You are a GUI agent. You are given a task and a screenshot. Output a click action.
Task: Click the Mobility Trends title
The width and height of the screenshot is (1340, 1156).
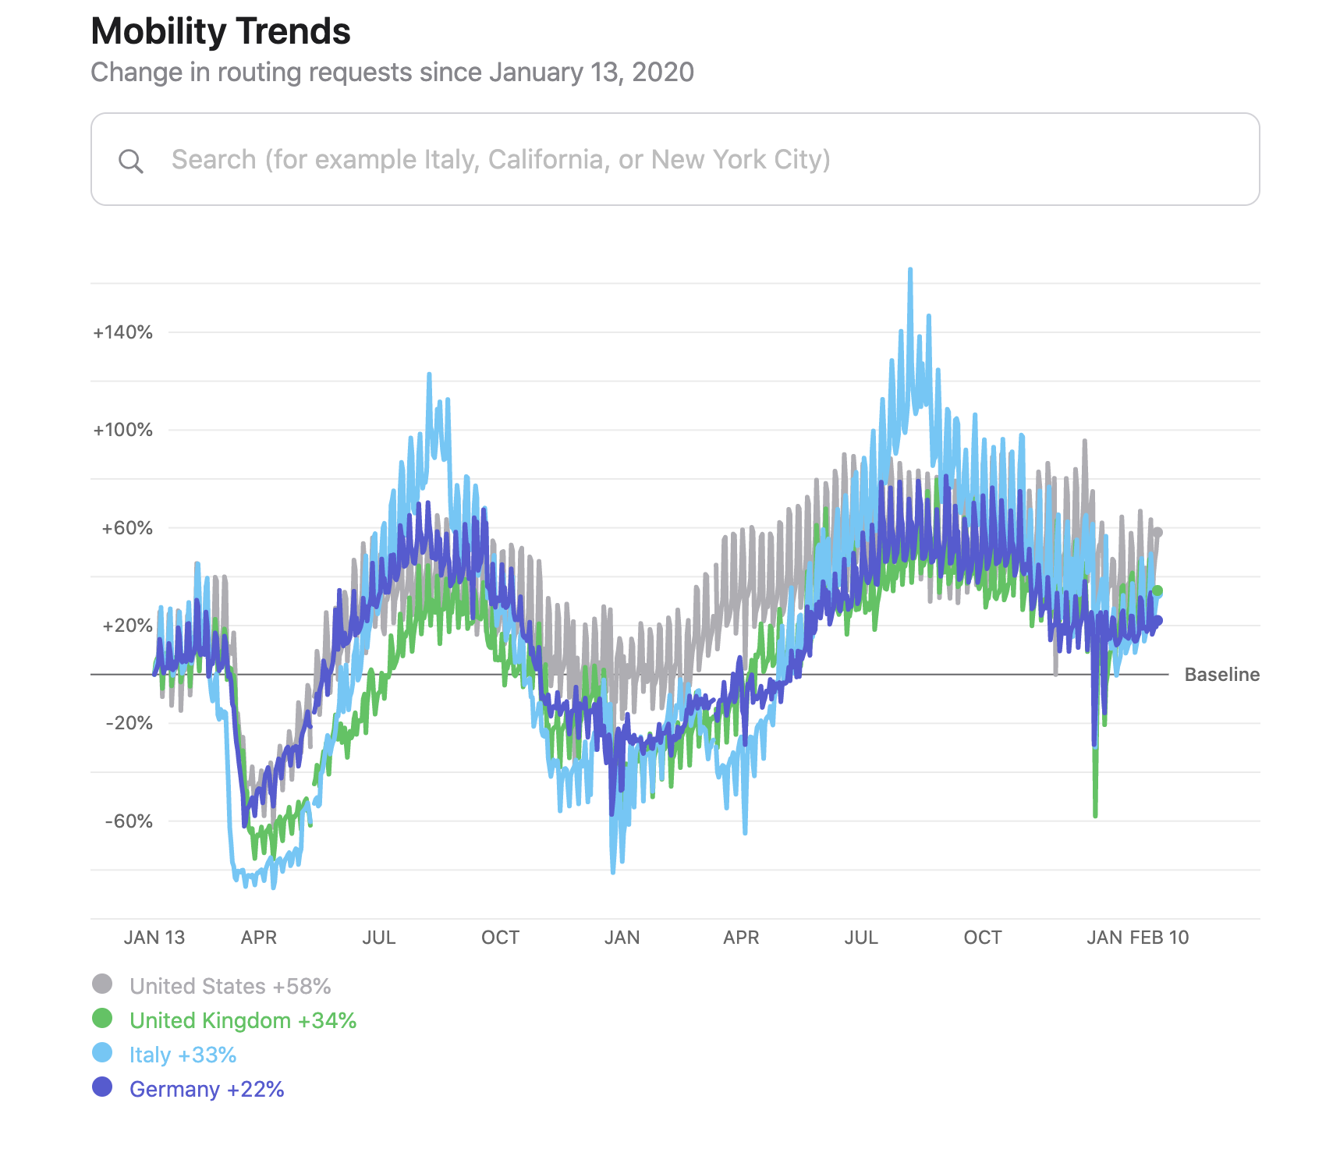[x=221, y=32]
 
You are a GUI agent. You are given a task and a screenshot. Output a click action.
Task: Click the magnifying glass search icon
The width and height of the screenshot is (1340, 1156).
[x=130, y=161]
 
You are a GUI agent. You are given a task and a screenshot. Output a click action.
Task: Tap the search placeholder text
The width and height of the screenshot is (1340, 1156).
[x=501, y=160]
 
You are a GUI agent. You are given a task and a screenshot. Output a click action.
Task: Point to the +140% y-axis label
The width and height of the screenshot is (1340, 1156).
[x=122, y=332]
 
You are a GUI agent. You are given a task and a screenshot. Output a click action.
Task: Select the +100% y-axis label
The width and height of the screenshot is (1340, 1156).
[x=122, y=430]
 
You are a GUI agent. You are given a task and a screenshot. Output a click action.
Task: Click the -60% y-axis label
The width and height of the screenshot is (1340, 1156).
[x=129, y=821]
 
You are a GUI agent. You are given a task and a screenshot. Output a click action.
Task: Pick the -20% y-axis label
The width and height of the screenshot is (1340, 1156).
[x=129, y=723]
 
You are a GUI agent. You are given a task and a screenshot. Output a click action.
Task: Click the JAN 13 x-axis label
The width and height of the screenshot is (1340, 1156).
[x=154, y=938]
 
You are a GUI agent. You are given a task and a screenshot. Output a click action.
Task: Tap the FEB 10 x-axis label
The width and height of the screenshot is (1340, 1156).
[x=1160, y=938]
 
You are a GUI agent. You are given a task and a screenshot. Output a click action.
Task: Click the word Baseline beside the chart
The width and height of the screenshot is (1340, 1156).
[x=1221, y=675]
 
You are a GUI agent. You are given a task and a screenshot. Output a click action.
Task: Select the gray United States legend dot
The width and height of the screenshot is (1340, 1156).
[x=102, y=984]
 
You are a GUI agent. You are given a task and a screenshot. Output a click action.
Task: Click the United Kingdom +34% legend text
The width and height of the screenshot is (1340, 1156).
[x=243, y=1020]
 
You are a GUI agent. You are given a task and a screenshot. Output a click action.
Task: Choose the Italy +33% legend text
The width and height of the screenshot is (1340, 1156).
[x=183, y=1055]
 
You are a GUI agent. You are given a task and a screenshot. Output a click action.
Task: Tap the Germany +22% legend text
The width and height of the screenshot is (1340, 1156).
[x=207, y=1089]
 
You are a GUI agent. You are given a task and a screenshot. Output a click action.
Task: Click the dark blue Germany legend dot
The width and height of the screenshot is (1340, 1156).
[x=102, y=1087]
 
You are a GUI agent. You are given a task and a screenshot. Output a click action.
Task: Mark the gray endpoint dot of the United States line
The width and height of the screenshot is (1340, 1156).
[x=1157, y=533]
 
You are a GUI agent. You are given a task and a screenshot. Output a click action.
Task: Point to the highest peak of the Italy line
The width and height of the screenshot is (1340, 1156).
[x=910, y=270]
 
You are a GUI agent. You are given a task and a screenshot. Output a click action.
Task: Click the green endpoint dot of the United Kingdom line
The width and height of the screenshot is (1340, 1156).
[x=1157, y=591]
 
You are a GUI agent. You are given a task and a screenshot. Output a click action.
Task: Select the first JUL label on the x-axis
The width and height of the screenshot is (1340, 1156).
[x=379, y=938]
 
